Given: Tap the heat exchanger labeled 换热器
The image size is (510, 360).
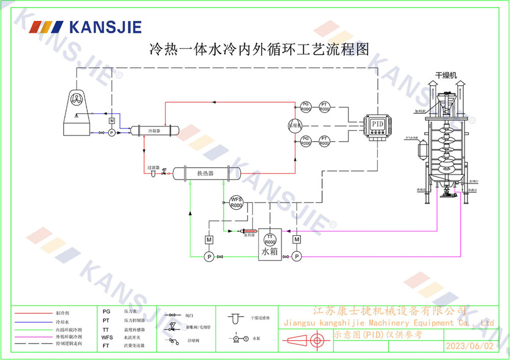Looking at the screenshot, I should click(206, 174).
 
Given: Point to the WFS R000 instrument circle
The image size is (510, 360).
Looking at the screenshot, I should click(236, 202).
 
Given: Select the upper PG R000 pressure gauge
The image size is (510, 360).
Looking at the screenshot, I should click(305, 107).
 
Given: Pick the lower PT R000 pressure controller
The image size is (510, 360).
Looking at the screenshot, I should click(324, 141).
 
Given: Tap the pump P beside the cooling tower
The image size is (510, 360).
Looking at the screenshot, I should click(112, 133).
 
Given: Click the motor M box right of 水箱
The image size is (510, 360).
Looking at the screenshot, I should click(296, 239).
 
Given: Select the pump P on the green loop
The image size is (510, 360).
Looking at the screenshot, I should click(209, 256).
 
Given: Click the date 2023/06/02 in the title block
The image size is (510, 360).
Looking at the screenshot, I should click(470, 346).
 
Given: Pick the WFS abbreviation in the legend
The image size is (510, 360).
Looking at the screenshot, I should click(107, 337).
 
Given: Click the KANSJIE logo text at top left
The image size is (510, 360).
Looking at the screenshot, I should click(105, 27).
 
